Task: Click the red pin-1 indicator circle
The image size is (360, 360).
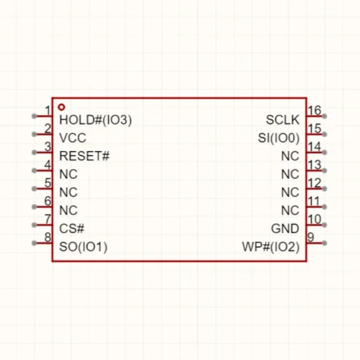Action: tap(62, 107)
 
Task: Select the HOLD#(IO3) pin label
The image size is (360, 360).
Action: tap(96, 120)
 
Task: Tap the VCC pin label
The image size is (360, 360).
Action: tap(73, 138)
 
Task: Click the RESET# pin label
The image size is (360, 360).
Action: tap(84, 156)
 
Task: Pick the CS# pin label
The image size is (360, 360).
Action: tap(71, 228)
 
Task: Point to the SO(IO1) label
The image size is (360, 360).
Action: tap(83, 247)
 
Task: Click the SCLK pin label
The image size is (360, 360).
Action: tap(283, 120)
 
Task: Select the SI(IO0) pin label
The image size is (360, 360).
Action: tap(279, 138)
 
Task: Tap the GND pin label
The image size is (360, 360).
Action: tap(285, 228)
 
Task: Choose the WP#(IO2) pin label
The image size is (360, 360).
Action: tap(271, 247)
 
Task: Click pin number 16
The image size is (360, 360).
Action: tap(314, 111)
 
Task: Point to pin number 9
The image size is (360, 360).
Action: tap(311, 237)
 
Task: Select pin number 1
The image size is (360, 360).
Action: tap(48, 111)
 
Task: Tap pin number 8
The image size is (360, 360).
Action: tap(48, 237)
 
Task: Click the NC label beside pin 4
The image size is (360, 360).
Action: tap(68, 174)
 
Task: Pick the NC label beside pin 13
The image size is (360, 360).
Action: tap(290, 174)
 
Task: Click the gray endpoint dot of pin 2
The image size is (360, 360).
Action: tap(34, 134)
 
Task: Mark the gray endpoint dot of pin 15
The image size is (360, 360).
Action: tap(324, 134)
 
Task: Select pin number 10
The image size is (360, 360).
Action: tap(314, 219)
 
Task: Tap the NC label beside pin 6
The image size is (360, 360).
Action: tap(68, 210)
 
